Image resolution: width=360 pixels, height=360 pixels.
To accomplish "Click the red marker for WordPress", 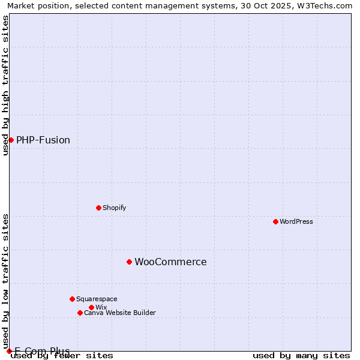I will point(275,221).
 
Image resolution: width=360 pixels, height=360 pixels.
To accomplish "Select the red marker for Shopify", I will point(98,208).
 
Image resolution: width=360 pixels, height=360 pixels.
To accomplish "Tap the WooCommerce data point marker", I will point(129,262).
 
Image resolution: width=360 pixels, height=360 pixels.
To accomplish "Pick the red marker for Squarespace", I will point(72,299).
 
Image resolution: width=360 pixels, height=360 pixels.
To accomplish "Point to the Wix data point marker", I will point(91,307).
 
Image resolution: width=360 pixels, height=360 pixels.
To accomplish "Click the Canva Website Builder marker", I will point(80,313).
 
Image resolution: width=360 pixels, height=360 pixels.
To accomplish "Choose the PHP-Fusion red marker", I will point(11,140).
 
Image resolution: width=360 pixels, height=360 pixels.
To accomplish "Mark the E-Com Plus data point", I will point(9,351).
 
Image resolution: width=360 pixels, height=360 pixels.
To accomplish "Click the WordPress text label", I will point(296,221).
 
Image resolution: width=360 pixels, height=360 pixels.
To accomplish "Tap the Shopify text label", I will point(114,208).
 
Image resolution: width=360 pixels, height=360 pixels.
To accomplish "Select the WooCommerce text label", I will point(170,262).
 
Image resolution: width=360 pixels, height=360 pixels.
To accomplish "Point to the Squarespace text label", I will point(97,299).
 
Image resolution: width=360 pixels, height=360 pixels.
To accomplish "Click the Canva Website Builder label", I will point(120,313).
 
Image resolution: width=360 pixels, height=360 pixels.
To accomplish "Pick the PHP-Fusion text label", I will point(43,140).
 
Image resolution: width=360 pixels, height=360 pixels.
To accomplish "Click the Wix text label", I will point(101,307).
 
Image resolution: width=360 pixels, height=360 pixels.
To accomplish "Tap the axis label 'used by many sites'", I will point(301,355).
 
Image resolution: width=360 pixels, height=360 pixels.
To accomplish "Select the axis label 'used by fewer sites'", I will point(62,355).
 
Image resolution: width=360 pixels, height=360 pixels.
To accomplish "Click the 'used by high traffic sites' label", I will point(5,86).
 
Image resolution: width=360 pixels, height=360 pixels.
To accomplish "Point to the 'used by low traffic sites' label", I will point(5,277).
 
